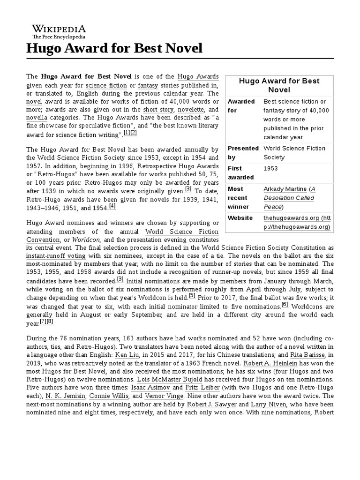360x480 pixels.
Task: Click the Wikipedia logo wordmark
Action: click(59, 29)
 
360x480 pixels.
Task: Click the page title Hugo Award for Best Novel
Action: click(114, 48)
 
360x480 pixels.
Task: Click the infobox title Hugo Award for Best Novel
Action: click(279, 85)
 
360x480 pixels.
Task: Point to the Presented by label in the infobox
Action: click(243, 153)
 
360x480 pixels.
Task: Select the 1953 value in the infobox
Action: click(270, 168)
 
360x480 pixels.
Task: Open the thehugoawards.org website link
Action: click(297, 222)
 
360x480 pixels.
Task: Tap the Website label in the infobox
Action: click(240, 218)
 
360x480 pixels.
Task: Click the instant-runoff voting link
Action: click(56, 256)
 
